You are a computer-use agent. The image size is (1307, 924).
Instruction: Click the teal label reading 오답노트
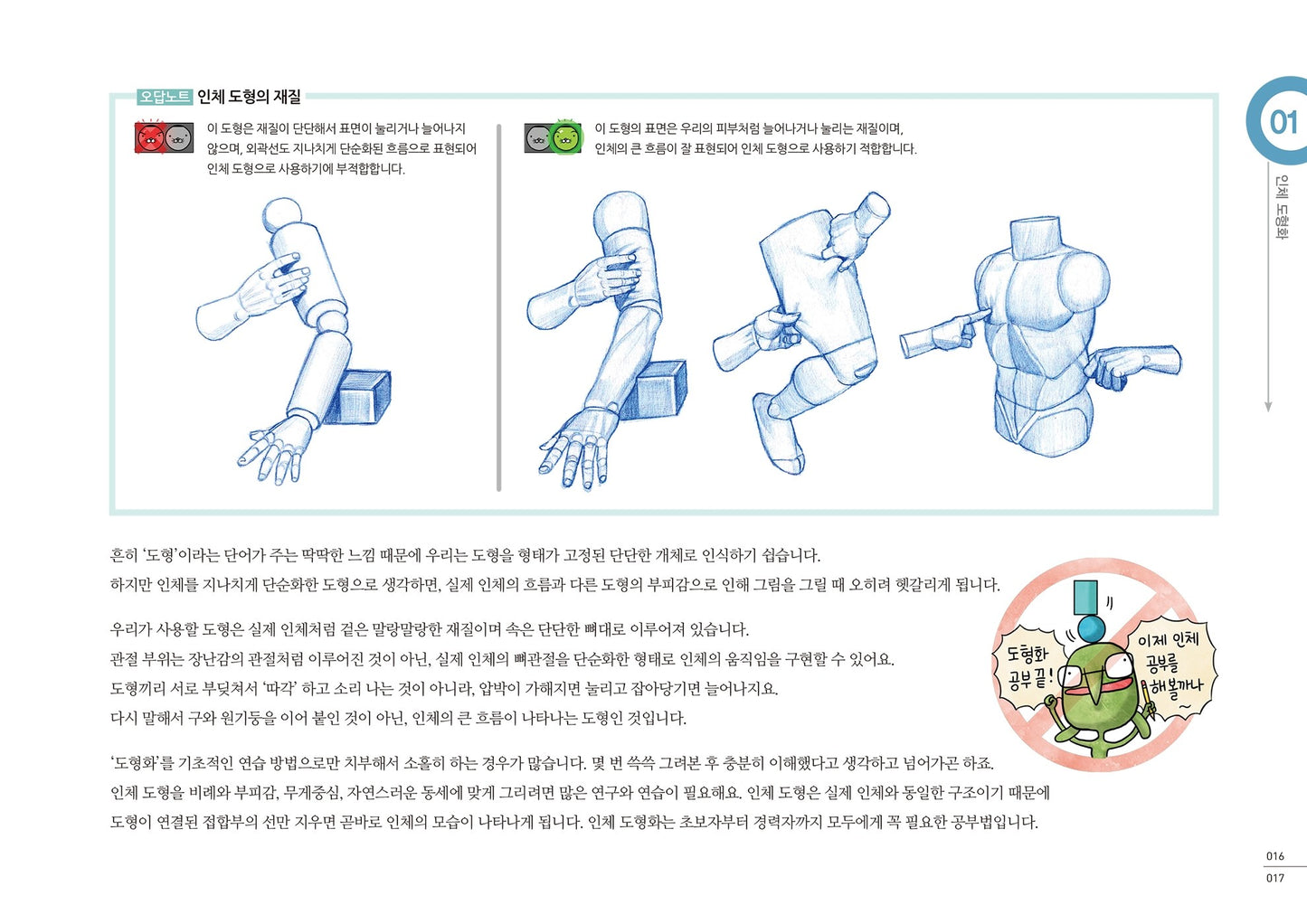pyautogui.click(x=164, y=97)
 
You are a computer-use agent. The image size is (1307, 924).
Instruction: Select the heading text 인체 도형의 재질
pyautogui.click(x=249, y=97)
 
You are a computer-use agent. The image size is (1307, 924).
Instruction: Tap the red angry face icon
pyautogui.click(x=149, y=137)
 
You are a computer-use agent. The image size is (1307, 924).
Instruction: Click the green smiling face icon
pyautogui.click(x=567, y=137)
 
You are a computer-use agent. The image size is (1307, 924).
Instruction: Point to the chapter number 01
pyautogui.click(x=1283, y=122)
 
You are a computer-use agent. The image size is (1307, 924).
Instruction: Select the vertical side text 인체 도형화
pyautogui.click(x=1281, y=208)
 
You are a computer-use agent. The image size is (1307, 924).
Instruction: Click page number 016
pyautogui.click(x=1275, y=855)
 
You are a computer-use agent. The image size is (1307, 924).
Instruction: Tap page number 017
pyautogui.click(x=1275, y=878)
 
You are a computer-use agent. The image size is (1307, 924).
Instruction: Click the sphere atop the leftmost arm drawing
pyautogui.click(x=283, y=215)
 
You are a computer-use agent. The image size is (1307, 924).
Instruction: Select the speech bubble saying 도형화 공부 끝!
pyautogui.click(x=1028, y=666)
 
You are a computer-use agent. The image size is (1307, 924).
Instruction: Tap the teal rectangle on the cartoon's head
pyautogui.click(x=1086, y=597)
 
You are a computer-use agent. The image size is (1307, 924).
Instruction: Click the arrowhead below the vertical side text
pyautogui.click(x=1268, y=407)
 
